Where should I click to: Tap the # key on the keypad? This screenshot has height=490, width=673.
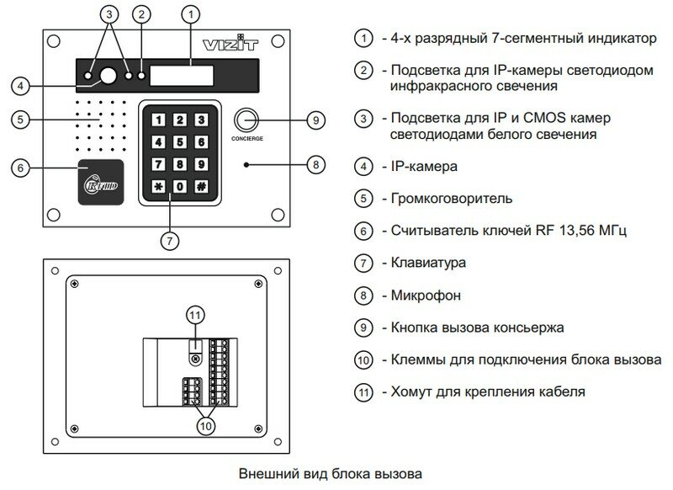[200, 185]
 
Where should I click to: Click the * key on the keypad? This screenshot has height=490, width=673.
[157, 185]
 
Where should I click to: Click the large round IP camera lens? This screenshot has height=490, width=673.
[108, 77]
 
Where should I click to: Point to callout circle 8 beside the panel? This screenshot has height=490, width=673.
[315, 165]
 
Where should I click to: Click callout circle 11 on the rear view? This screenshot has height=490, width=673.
[194, 315]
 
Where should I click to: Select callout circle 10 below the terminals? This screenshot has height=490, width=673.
[205, 426]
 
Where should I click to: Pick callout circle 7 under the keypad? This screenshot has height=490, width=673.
[169, 240]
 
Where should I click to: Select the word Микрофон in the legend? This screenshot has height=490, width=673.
[421, 296]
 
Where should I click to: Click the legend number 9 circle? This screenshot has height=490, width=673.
[363, 328]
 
